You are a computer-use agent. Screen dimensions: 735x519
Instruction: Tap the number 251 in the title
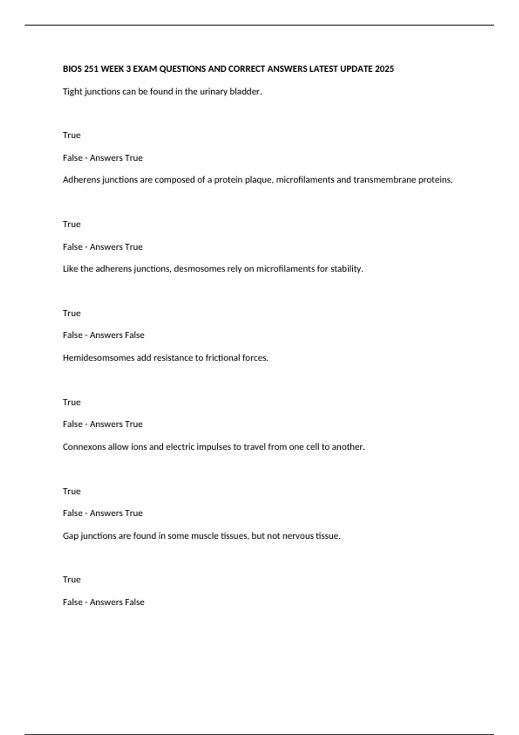91,69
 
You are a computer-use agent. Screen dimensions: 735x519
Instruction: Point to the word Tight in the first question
72,92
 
